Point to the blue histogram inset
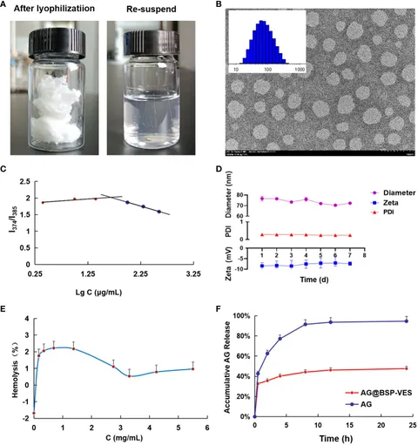click(269, 42)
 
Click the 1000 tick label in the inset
click(300, 67)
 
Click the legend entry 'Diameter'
click(391, 192)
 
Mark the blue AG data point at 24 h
click(406, 321)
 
